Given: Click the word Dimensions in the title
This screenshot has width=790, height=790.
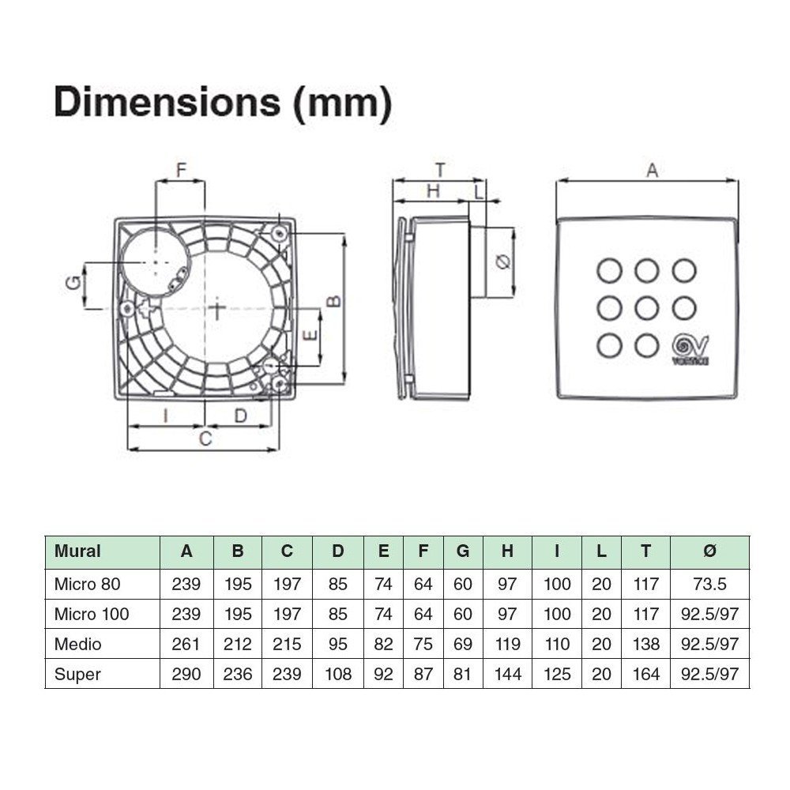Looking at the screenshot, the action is click(x=167, y=102).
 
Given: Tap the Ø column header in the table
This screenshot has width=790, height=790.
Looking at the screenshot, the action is click(x=709, y=551).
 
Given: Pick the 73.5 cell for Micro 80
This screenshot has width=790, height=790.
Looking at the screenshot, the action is click(x=709, y=584).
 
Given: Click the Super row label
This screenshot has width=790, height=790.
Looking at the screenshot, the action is click(x=77, y=674).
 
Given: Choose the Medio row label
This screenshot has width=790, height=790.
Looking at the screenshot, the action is click(x=77, y=644).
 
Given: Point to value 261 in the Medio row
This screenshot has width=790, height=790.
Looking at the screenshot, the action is click(x=186, y=644).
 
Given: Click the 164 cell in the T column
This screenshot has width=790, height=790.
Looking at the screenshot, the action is click(x=645, y=674).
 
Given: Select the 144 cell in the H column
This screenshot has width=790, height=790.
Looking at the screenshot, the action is click(x=507, y=674).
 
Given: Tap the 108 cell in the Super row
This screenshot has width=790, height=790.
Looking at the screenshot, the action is click(x=337, y=674).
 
